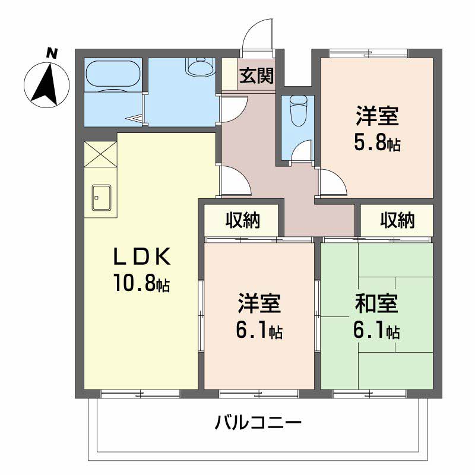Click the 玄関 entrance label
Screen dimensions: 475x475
point(256,75)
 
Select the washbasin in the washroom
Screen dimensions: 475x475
point(201,66)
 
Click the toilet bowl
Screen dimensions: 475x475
point(298,110)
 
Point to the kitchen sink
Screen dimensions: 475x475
point(102,198)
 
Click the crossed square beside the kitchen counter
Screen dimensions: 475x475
point(100,154)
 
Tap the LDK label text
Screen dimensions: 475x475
point(142,257)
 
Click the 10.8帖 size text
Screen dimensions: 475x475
point(142,283)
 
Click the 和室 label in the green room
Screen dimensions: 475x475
point(376,304)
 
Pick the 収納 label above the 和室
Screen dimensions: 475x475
point(397,220)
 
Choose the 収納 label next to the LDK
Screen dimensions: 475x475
point(243,220)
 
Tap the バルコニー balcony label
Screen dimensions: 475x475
point(258,422)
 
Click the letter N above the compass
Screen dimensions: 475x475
point(52,53)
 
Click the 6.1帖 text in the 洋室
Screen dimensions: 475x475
point(259,331)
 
